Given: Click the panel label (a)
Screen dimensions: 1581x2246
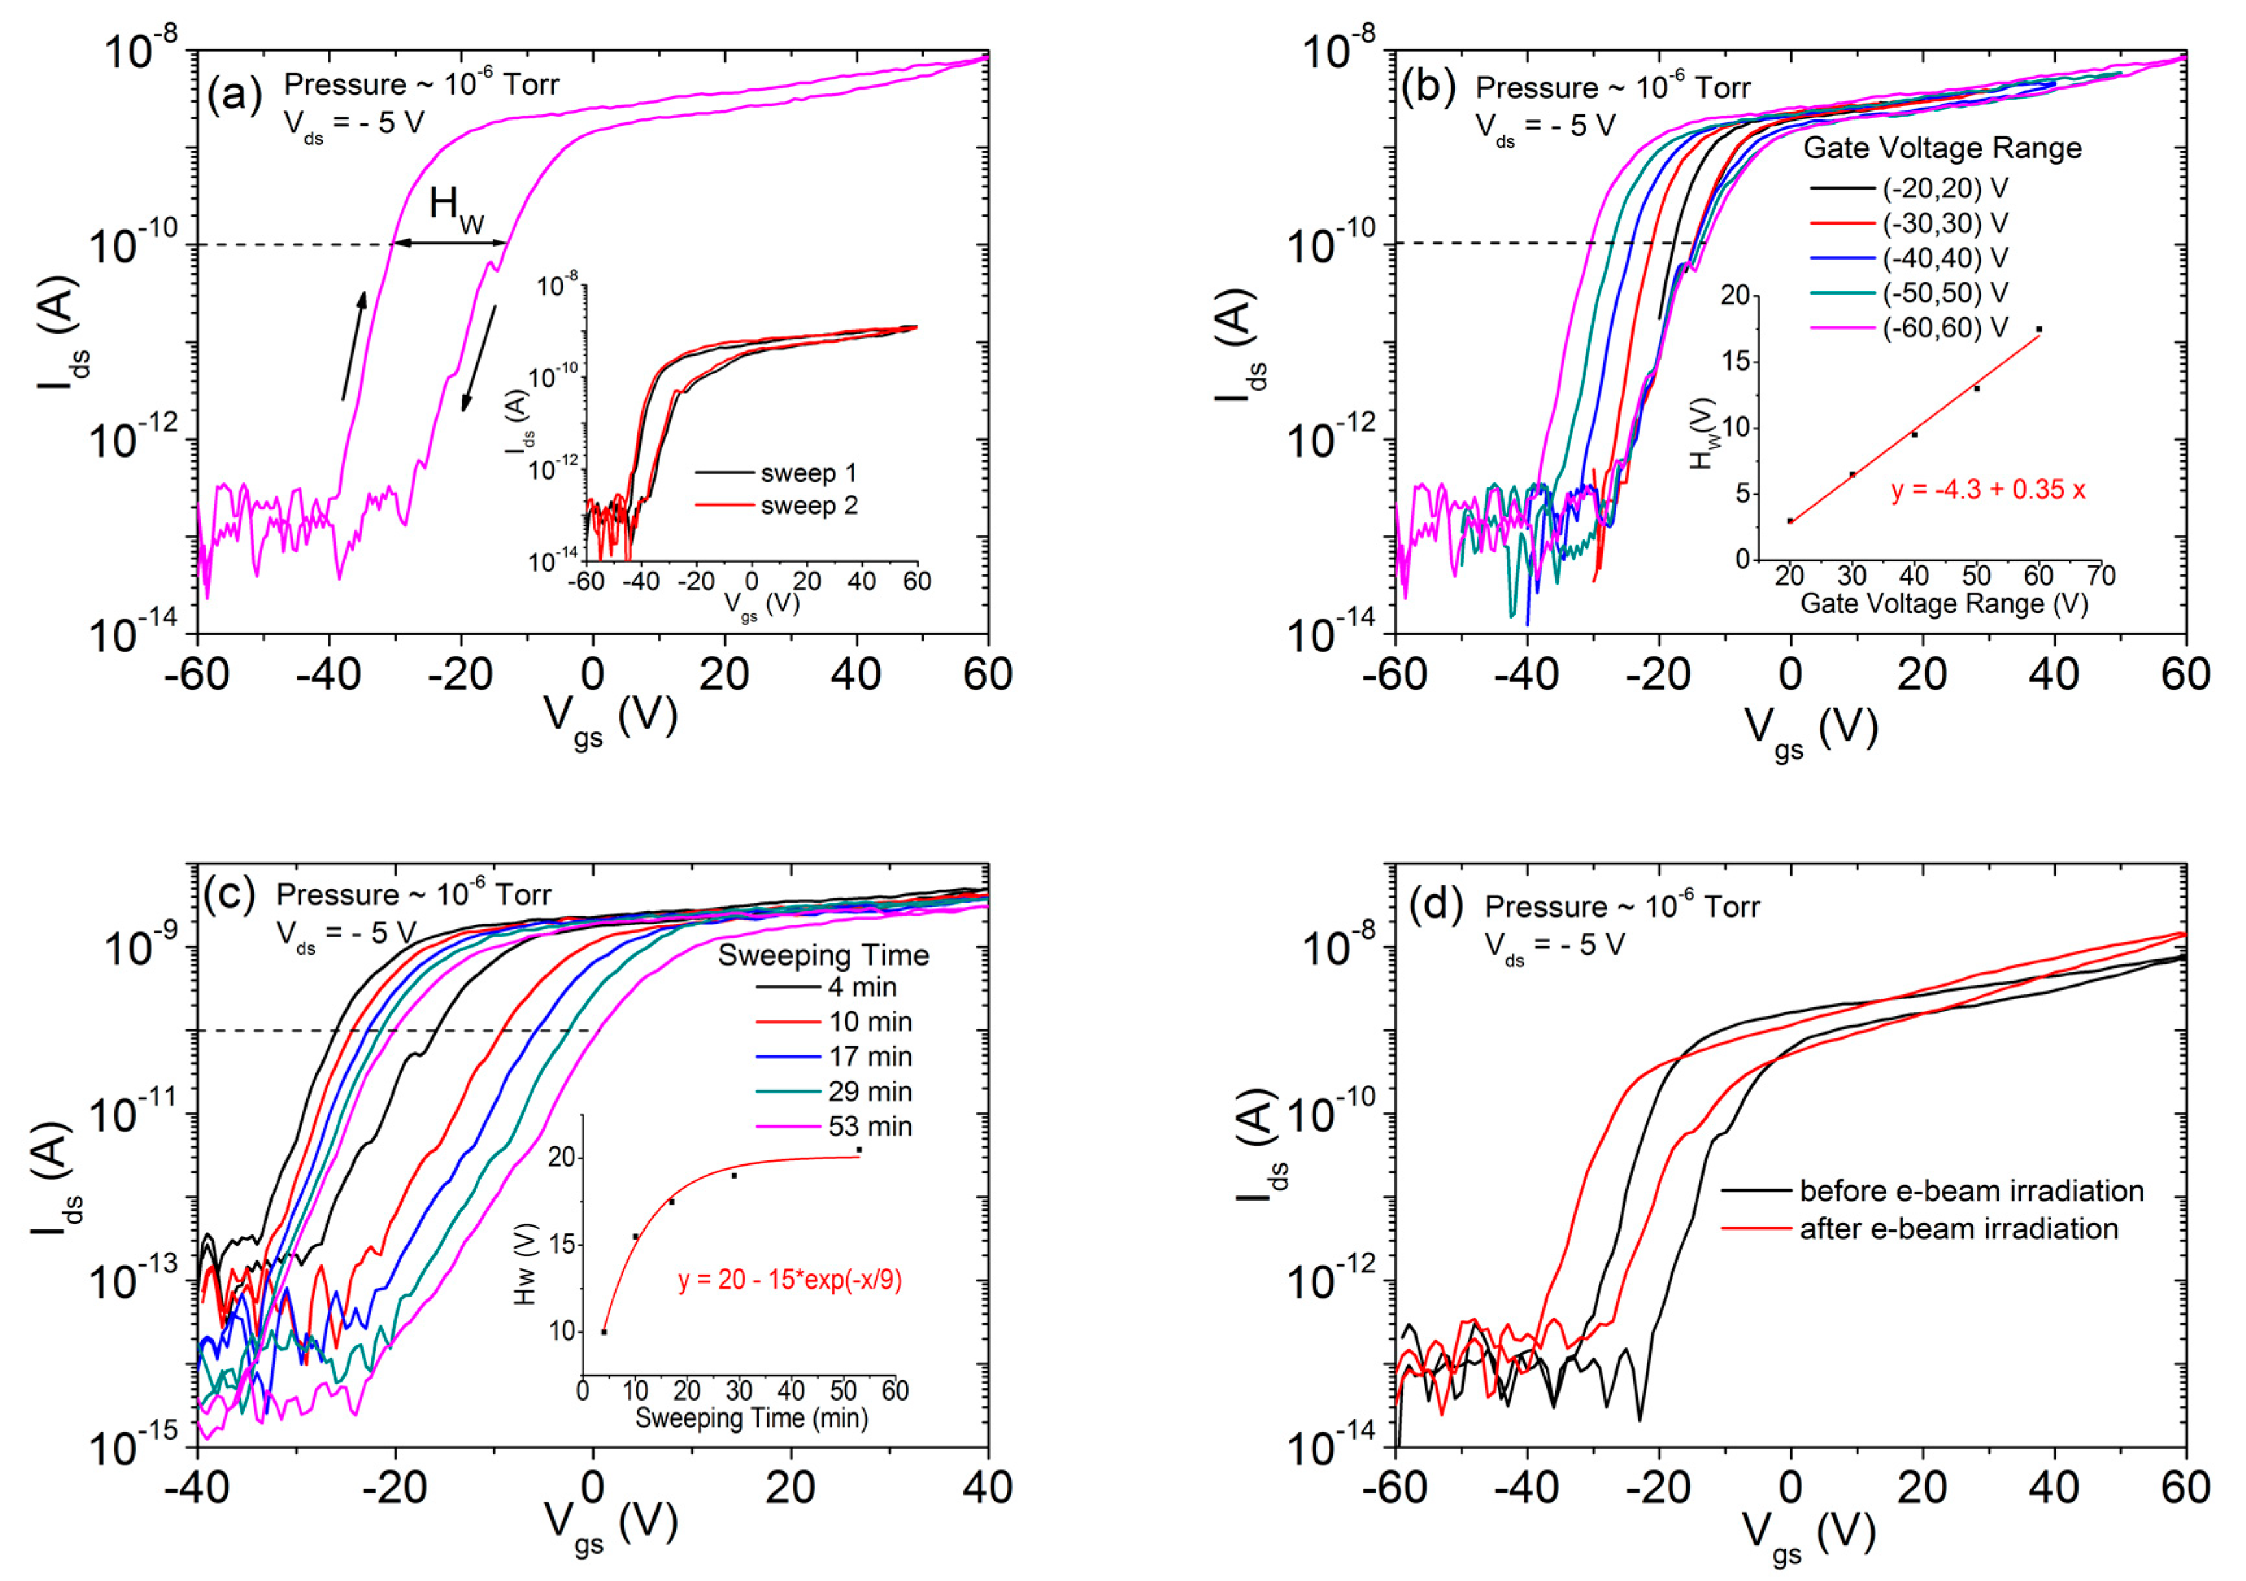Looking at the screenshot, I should pyautogui.click(x=235, y=96).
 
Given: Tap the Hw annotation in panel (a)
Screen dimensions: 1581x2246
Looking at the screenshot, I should pyautogui.click(x=456, y=208).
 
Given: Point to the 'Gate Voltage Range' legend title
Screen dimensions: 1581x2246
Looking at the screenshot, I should pyautogui.click(x=1942, y=149).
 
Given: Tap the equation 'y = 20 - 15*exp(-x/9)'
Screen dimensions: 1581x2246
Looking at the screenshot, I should pyautogui.click(x=789, y=1280).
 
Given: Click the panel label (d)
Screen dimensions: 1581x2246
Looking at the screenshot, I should pyautogui.click(x=1435, y=906).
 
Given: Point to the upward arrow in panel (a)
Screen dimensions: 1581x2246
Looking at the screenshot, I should pyautogui.click(x=354, y=345).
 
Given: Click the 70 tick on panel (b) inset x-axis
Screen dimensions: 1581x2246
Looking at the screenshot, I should pyautogui.click(x=2100, y=575).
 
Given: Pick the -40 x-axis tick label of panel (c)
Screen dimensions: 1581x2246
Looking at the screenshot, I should pyautogui.click(x=197, y=1488).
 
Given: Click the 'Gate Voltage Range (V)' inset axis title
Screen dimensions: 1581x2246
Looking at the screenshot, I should pyautogui.click(x=1944, y=604).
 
